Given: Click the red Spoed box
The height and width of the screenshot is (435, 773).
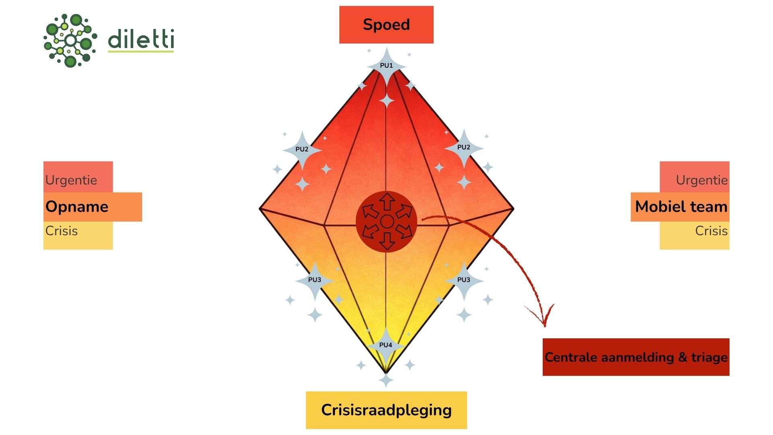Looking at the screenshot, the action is coord(386,25).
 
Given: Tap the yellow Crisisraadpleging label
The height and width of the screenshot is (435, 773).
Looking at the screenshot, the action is coord(386,410).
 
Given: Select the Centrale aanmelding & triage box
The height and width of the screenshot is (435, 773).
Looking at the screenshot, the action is coord(636,357).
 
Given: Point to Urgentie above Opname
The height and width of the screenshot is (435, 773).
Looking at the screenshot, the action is coord(71,180).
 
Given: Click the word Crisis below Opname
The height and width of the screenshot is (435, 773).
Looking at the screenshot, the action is coord(62,231).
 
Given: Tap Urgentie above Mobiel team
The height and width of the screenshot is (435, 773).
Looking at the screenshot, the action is coord(702,180).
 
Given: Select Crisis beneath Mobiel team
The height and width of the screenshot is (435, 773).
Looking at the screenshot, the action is coord(711,231).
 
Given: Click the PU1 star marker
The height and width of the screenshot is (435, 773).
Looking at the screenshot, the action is coord(386,66).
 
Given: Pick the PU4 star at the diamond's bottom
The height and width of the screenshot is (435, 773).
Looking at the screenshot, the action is coord(386,345).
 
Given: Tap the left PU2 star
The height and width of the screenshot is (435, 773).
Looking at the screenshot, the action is coord(302,149).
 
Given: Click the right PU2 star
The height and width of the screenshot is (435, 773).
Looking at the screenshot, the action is coord(464,148).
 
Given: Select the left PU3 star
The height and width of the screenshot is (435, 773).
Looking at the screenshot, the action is coord(315,280).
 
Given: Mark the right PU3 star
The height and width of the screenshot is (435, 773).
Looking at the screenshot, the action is coord(464,280).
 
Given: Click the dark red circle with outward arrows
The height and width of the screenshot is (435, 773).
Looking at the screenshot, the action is coord(386,222).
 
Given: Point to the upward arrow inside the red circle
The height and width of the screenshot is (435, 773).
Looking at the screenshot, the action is coord(387,201).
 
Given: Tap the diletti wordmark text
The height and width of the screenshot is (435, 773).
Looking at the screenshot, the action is coord(141,39).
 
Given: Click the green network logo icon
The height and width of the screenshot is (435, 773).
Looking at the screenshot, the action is coord(70,40).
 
